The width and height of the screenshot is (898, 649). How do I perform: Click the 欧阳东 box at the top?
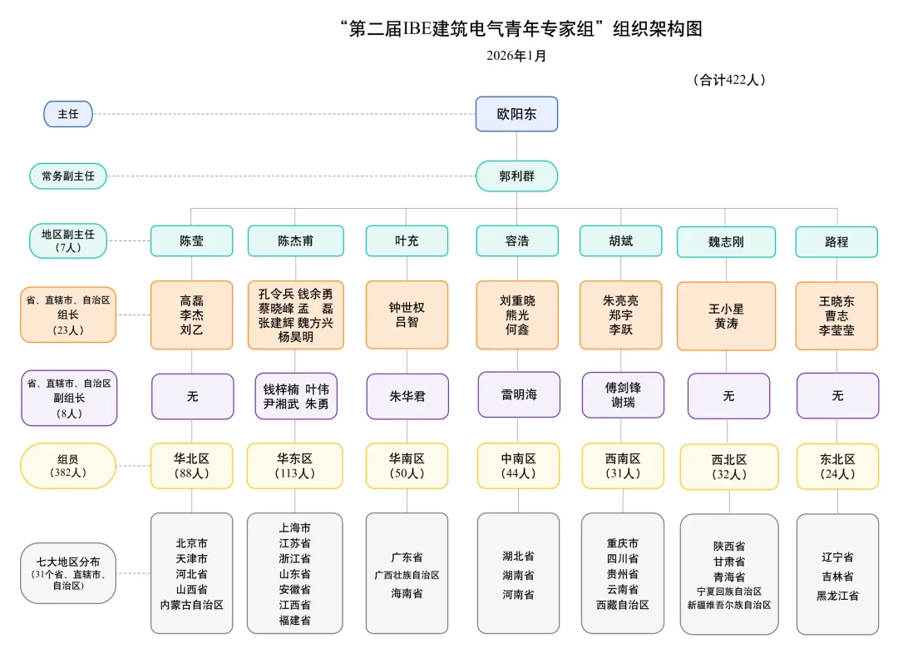click(516, 114)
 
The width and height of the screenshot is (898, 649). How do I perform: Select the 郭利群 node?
click(516, 176)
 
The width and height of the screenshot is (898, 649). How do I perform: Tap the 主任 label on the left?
click(68, 114)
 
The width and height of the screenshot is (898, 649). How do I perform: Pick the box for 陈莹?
click(191, 241)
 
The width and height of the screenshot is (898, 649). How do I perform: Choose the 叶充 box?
click(407, 241)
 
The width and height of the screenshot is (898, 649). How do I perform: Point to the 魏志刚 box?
click(726, 242)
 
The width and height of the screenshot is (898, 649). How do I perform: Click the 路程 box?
click(836, 242)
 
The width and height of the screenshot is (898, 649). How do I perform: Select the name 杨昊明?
click(295, 338)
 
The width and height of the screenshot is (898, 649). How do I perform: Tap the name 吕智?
click(407, 322)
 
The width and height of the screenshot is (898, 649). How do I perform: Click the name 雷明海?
click(519, 394)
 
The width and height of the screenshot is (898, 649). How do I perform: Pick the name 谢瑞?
click(622, 403)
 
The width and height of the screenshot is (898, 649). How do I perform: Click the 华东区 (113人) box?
click(295, 466)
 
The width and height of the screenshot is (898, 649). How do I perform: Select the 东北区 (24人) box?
click(837, 466)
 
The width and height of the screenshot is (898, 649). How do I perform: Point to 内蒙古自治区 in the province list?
click(192, 605)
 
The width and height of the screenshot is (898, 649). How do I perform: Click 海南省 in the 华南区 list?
click(407, 593)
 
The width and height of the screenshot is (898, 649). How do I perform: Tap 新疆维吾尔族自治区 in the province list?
click(729, 605)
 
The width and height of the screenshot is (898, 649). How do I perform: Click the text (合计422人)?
click(728, 80)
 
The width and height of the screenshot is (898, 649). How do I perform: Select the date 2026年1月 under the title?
click(516, 56)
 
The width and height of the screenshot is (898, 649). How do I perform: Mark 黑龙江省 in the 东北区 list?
click(837, 596)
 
